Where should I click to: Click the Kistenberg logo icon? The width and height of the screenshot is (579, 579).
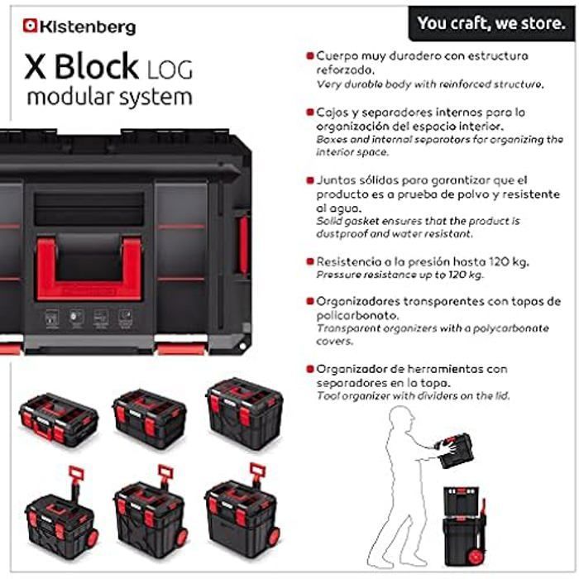point(30,26)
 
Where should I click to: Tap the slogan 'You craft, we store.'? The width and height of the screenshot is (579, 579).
point(491,23)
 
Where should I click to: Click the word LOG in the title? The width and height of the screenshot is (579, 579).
point(170,69)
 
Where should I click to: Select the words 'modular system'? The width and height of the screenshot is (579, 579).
point(110,97)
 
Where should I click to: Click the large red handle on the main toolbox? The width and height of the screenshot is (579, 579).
point(89,269)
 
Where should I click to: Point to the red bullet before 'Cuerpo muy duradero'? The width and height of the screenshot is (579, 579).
point(310,56)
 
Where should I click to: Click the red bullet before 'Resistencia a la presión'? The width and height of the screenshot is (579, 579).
point(310,262)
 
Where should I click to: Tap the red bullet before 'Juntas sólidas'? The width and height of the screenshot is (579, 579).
point(310,180)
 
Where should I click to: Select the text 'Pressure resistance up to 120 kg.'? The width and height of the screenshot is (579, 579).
point(400,275)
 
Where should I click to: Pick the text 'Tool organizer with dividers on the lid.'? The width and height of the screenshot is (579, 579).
point(413,396)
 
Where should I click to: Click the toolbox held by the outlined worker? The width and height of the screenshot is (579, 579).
point(455,451)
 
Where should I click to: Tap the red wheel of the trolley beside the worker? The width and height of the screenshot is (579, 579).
point(476,557)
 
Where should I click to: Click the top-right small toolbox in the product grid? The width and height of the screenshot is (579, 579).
point(245,414)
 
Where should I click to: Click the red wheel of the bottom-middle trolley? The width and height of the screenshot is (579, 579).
point(182,538)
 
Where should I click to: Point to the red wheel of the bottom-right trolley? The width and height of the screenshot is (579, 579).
point(274,538)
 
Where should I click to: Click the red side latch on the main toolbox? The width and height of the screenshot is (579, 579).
point(244,245)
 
